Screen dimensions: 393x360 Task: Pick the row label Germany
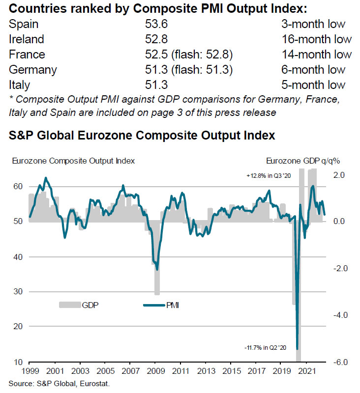coord(32,69)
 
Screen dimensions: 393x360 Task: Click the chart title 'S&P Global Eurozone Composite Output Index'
coord(142,134)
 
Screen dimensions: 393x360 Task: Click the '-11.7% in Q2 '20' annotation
coord(266,348)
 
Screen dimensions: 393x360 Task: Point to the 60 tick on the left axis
coord(18,187)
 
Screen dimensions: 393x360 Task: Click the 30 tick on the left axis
coord(18,292)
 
